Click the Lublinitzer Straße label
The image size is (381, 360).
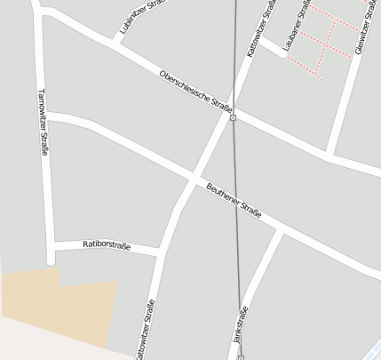(x=143, y=18)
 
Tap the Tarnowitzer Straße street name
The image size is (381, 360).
(x=43, y=123)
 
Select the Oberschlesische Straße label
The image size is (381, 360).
(x=195, y=91)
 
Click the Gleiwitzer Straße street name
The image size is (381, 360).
(x=365, y=27)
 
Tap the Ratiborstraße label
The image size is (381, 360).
(x=107, y=244)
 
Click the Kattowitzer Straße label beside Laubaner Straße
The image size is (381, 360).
(x=262, y=29)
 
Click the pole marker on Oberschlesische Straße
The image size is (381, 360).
(x=233, y=117)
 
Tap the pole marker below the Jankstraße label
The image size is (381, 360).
(x=241, y=357)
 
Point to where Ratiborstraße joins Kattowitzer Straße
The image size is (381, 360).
(x=161, y=253)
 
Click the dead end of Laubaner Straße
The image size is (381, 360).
(x=284, y=55)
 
